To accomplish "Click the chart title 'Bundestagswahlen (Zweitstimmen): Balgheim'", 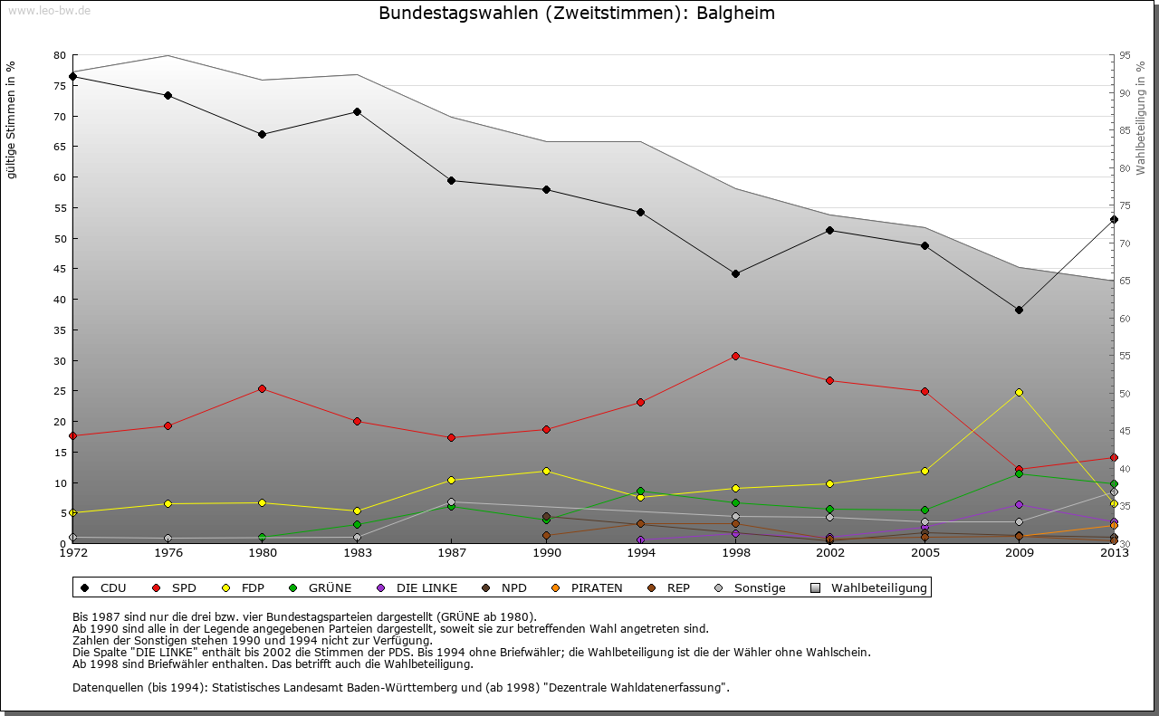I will click(x=577, y=14).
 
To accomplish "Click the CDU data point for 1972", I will click(x=72, y=76).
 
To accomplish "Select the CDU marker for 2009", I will click(x=1019, y=310).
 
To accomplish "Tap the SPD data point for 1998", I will click(x=735, y=356).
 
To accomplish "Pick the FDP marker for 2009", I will click(x=1019, y=392).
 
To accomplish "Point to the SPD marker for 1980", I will click(x=262, y=388).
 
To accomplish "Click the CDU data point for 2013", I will click(x=1114, y=219).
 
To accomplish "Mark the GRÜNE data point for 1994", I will click(x=640, y=492).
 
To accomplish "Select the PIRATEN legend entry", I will click(x=588, y=588).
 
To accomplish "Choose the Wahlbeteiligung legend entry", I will click(x=870, y=588).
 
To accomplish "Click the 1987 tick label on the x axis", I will click(x=451, y=553).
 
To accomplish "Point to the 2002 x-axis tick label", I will click(x=829, y=553).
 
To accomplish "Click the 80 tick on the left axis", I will click(x=60, y=55).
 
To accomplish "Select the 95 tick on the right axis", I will click(x=1125, y=55).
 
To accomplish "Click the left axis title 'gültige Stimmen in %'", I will click(x=12, y=119).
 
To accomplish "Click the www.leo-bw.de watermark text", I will click(x=49, y=10).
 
